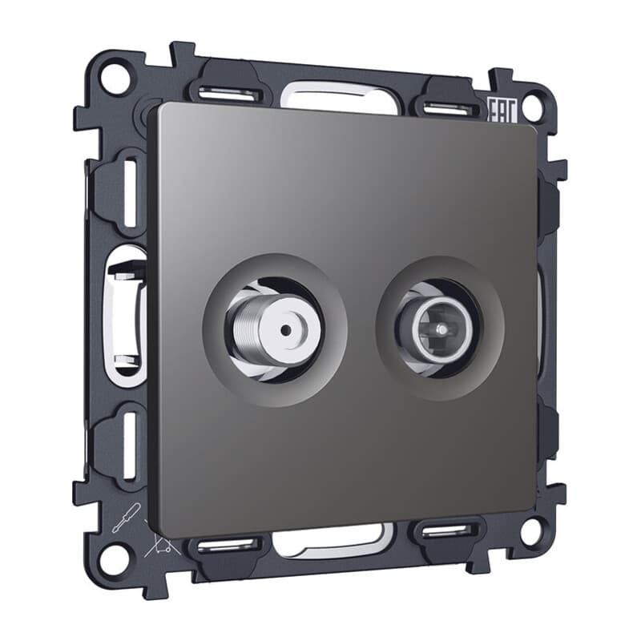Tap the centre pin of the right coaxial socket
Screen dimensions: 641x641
(x=441, y=329)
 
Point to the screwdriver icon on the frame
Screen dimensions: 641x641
(x=126, y=518)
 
